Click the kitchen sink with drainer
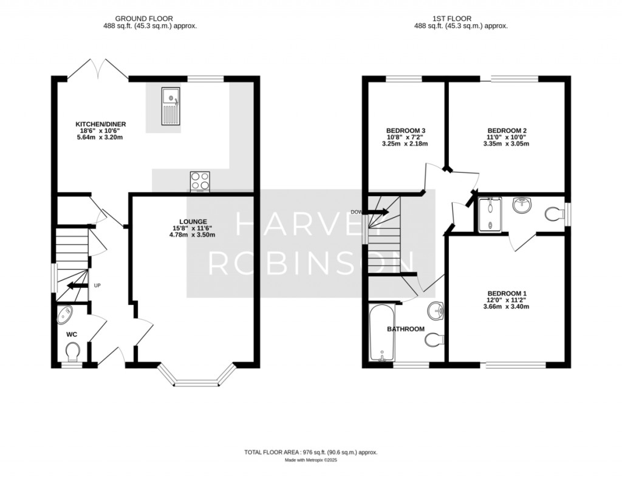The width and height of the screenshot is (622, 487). coord(171,106)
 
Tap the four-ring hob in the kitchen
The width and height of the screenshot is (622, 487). coord(200,180)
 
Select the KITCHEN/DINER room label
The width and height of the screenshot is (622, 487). coord(92,124)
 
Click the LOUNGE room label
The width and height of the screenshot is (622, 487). coord(193,222)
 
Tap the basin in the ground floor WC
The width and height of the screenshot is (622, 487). coord(64,315)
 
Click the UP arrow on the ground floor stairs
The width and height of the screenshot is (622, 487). coord(76,285)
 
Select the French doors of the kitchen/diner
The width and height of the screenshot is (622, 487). coord(97,70)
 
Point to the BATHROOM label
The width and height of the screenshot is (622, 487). coord(406,329)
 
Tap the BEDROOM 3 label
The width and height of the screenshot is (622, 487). coord(406,131)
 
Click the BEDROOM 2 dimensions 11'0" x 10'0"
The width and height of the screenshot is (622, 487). coord(507,138)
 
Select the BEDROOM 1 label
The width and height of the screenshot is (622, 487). coord(507,293)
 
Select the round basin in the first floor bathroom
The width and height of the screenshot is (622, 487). coord(435,312)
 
